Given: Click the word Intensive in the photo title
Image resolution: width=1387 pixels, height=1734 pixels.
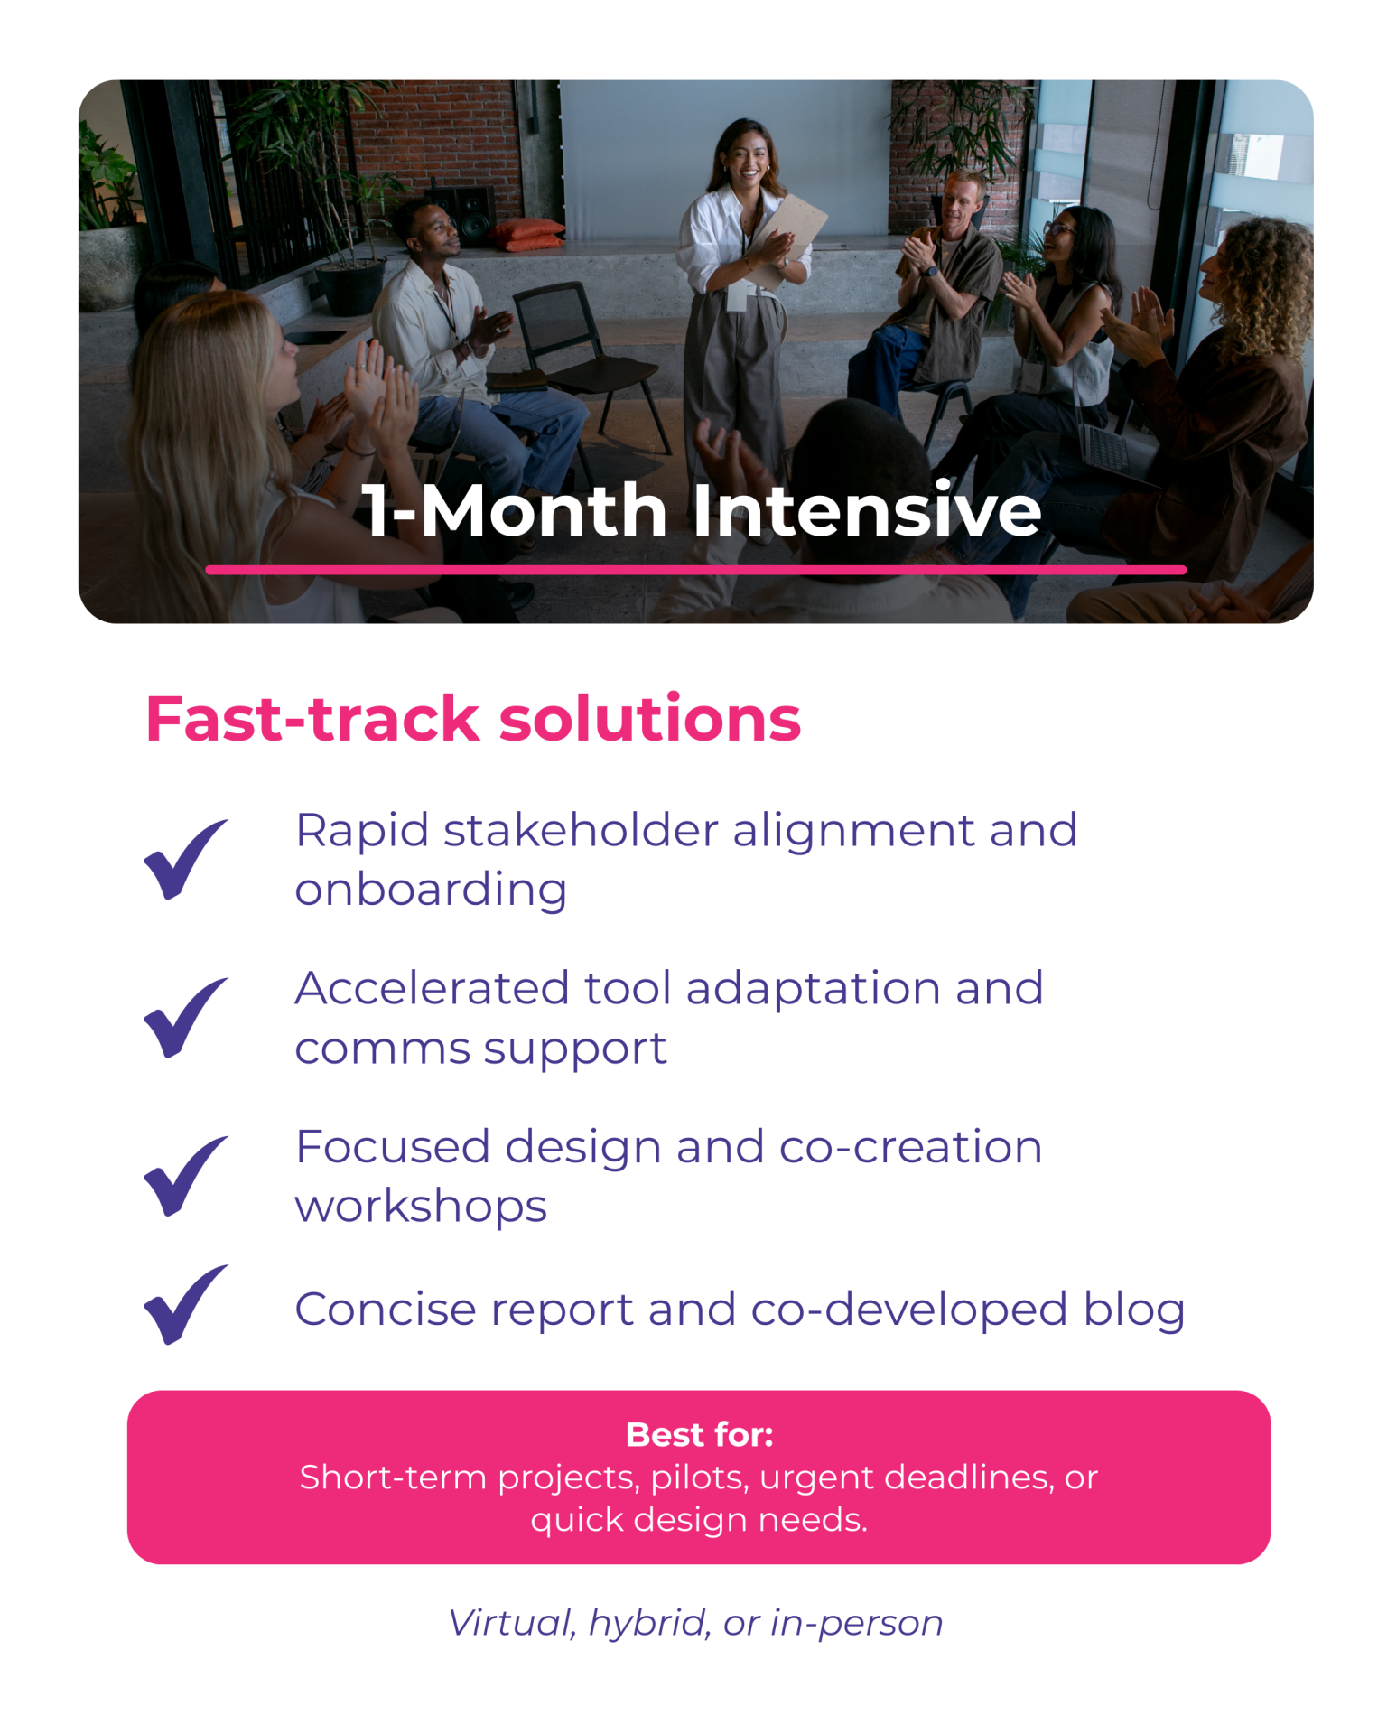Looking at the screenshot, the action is [867, 510].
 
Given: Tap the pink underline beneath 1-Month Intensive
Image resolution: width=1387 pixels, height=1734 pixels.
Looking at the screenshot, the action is [695, 570].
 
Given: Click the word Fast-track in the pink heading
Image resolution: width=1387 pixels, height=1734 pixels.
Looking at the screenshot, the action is [312, 719].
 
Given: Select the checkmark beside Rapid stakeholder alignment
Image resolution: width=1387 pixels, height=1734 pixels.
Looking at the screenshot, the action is [186, 859].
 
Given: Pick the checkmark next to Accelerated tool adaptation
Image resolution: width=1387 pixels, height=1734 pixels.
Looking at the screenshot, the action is [186, 1017].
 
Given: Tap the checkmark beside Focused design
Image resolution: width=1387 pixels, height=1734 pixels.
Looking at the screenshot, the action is [186, 1175].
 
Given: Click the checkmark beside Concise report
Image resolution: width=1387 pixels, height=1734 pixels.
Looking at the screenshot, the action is [186, 1304].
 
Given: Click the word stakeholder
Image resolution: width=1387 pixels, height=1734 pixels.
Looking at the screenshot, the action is [581, 830].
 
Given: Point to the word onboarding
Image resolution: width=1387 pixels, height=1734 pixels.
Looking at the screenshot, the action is [431, 891].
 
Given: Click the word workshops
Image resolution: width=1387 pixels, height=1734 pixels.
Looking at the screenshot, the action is [421, 1207].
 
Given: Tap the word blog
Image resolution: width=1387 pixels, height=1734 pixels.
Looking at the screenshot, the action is [1134, 1310].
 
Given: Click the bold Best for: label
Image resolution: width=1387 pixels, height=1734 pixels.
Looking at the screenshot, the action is [700, 1435].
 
